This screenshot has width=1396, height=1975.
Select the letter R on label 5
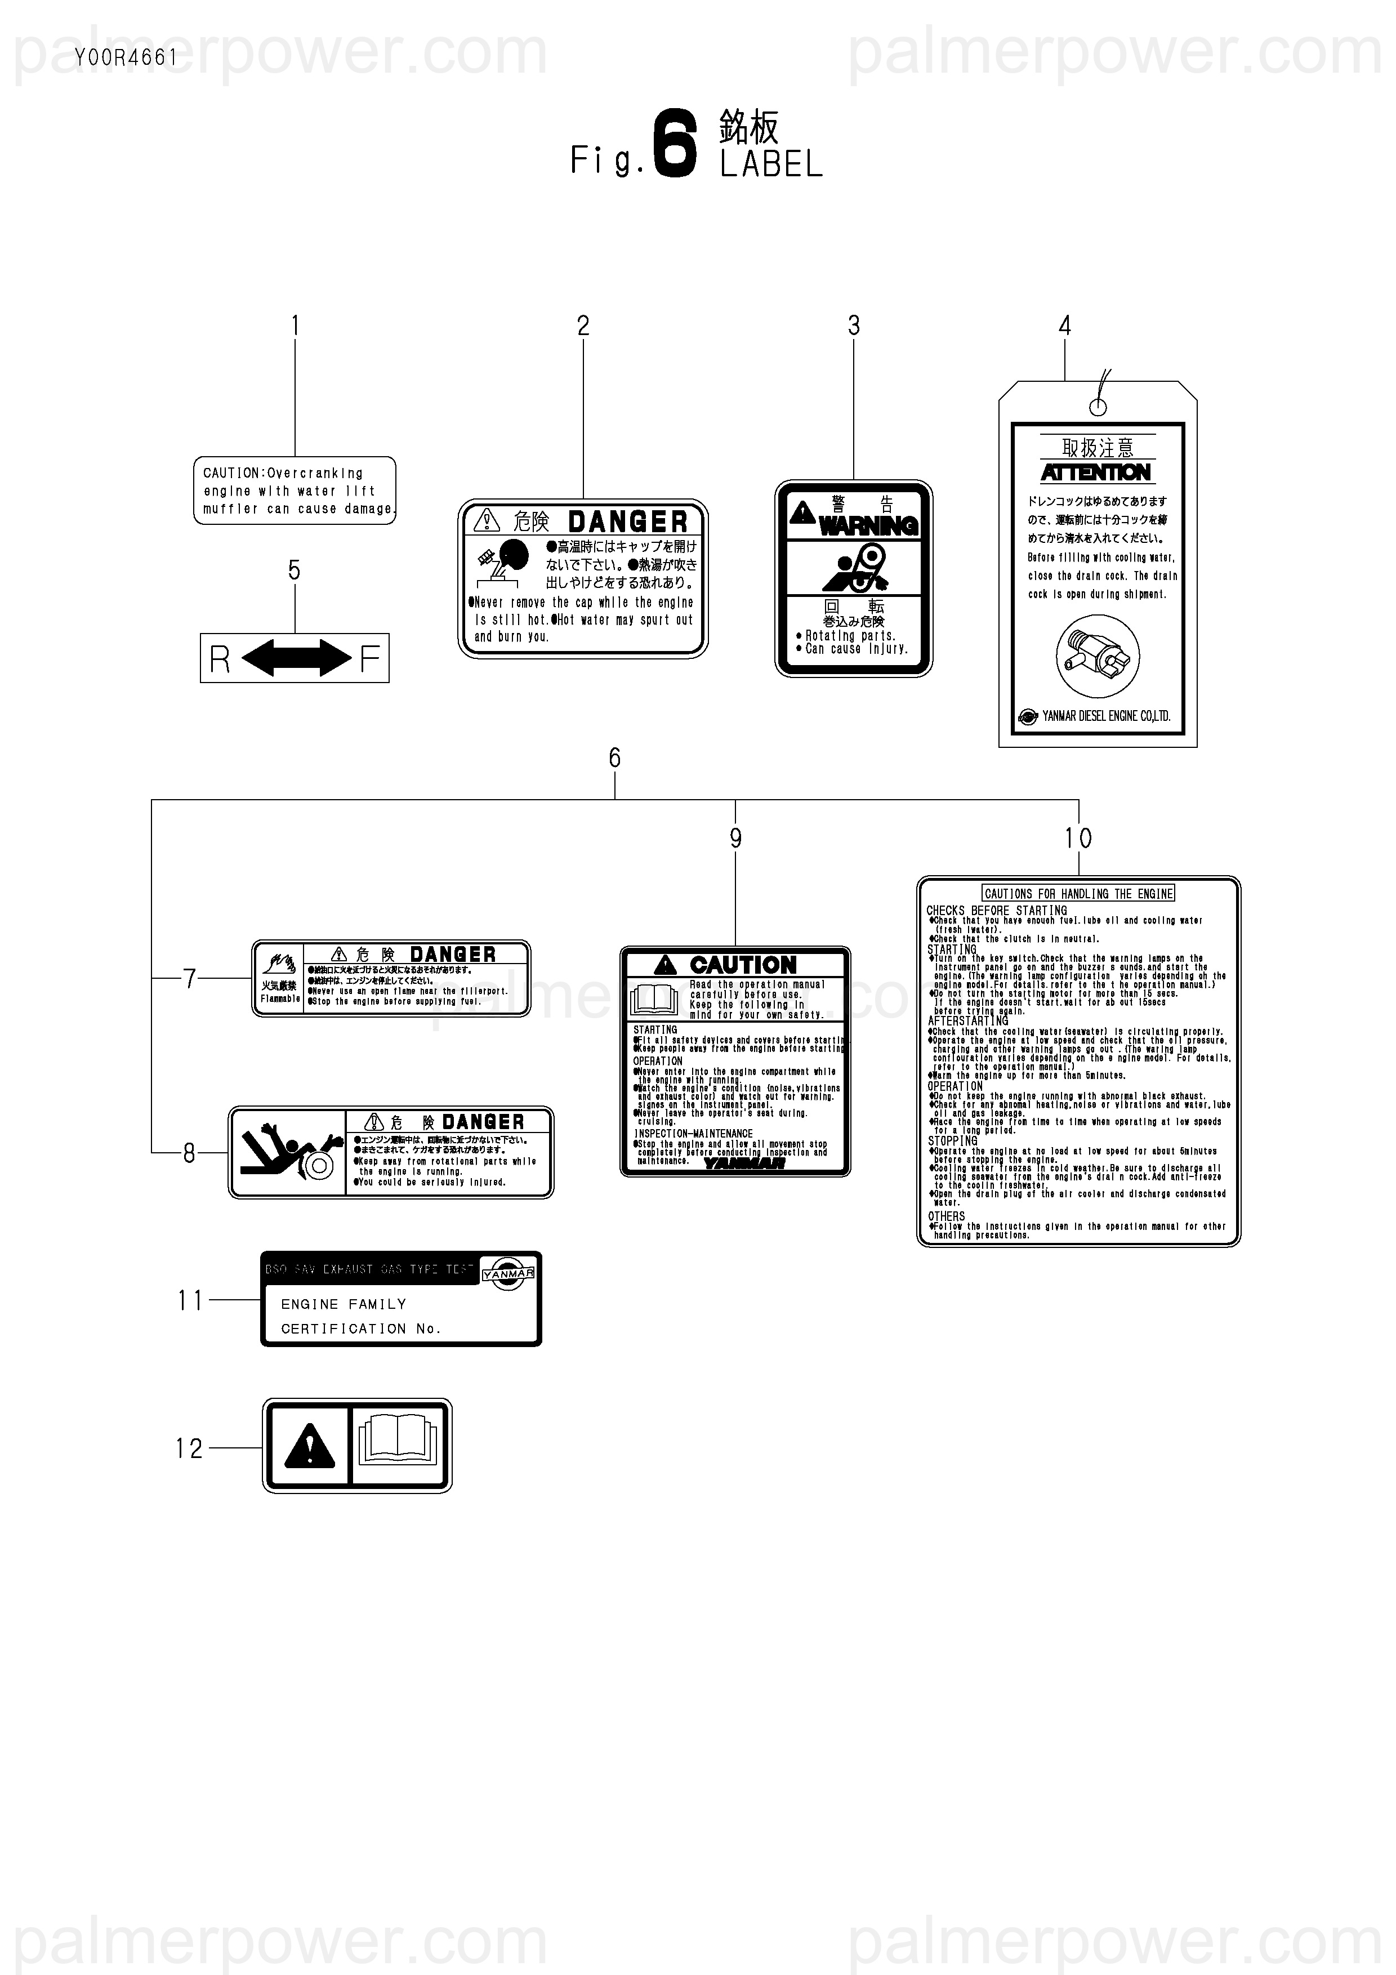tap(220, 660)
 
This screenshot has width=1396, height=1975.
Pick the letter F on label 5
tap(370, 660)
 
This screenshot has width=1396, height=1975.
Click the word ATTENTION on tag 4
tap(1096, 472)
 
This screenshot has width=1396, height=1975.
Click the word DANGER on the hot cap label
tap(628, 521)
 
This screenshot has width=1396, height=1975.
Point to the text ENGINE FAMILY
tap(343, 1304)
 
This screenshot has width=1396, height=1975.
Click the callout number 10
tap(1078, 838)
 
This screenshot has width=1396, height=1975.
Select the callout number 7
tap(189, 978)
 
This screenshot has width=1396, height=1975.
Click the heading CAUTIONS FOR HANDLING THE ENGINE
tap(1078, 894)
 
